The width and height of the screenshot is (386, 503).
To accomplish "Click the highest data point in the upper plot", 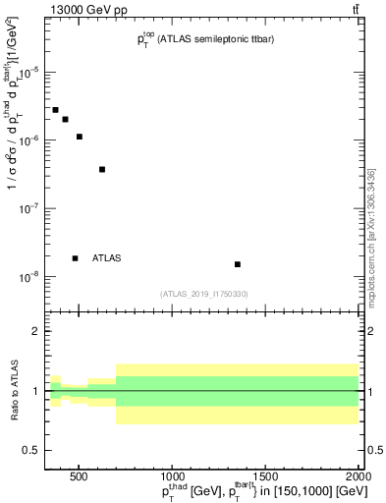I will coord(56,110).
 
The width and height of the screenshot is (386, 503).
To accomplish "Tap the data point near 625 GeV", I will coord(102,169).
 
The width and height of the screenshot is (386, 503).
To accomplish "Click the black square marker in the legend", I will coord(76,258).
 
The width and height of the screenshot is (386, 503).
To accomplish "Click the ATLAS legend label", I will coord(106,258).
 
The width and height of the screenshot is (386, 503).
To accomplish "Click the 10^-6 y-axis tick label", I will coord(27,141).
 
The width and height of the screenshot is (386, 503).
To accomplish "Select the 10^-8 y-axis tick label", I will coord(27,277).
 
